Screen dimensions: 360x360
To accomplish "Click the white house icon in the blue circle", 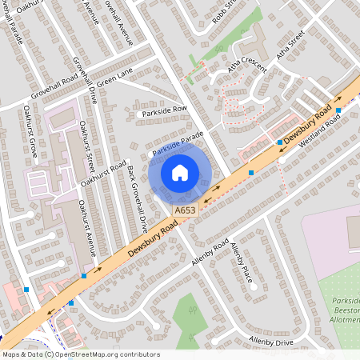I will [180, 172].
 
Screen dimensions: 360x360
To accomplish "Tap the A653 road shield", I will [185, 210].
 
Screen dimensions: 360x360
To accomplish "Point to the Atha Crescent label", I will [244, 71].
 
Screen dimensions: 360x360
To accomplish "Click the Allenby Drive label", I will [272, 341].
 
